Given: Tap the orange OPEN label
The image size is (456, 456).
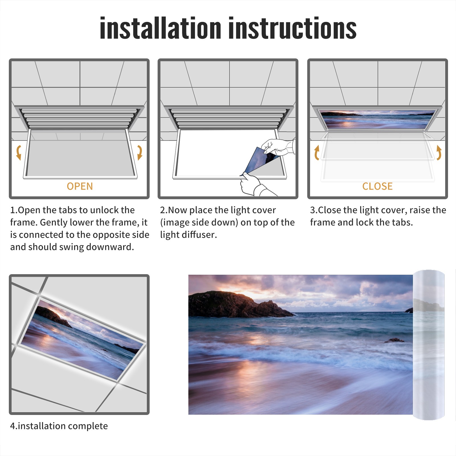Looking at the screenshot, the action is pos(80,186).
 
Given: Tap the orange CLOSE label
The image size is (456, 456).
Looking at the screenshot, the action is pos(377,186).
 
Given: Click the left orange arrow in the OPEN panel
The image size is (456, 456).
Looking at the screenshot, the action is pos(19,152).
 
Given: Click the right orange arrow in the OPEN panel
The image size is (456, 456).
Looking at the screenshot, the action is pos(140,152).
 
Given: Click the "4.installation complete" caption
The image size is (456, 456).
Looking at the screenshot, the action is pos(59,426).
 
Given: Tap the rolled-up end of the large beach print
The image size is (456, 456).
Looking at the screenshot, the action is pos(429,345).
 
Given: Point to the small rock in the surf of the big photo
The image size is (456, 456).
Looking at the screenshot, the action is pos(394,340).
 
